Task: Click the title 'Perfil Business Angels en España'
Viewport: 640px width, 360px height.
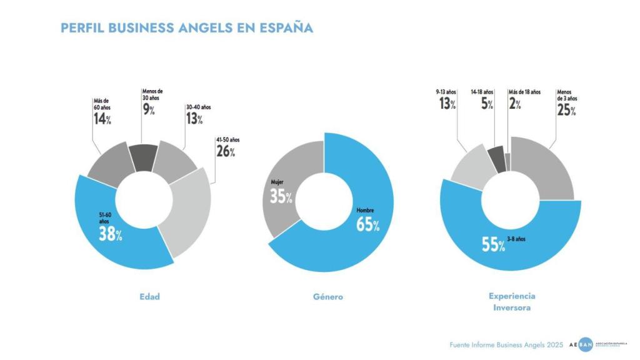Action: (186, 28)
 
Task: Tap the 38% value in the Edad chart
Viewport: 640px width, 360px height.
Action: (110, 234)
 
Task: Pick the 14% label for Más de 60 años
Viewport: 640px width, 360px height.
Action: (102, 119)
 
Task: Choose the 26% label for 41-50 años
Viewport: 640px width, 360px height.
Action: (226, 151)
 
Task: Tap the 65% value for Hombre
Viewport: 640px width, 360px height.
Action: (367, 224)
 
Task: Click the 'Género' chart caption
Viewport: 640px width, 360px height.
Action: (327, 297)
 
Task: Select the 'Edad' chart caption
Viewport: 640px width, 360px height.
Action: (149, 296)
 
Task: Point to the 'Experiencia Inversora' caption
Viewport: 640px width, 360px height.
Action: (512, 302)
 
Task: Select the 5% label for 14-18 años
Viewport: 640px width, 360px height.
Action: (486, 104)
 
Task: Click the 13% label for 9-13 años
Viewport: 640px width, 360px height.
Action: (446, 104)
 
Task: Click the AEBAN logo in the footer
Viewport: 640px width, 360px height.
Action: (584, 344)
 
